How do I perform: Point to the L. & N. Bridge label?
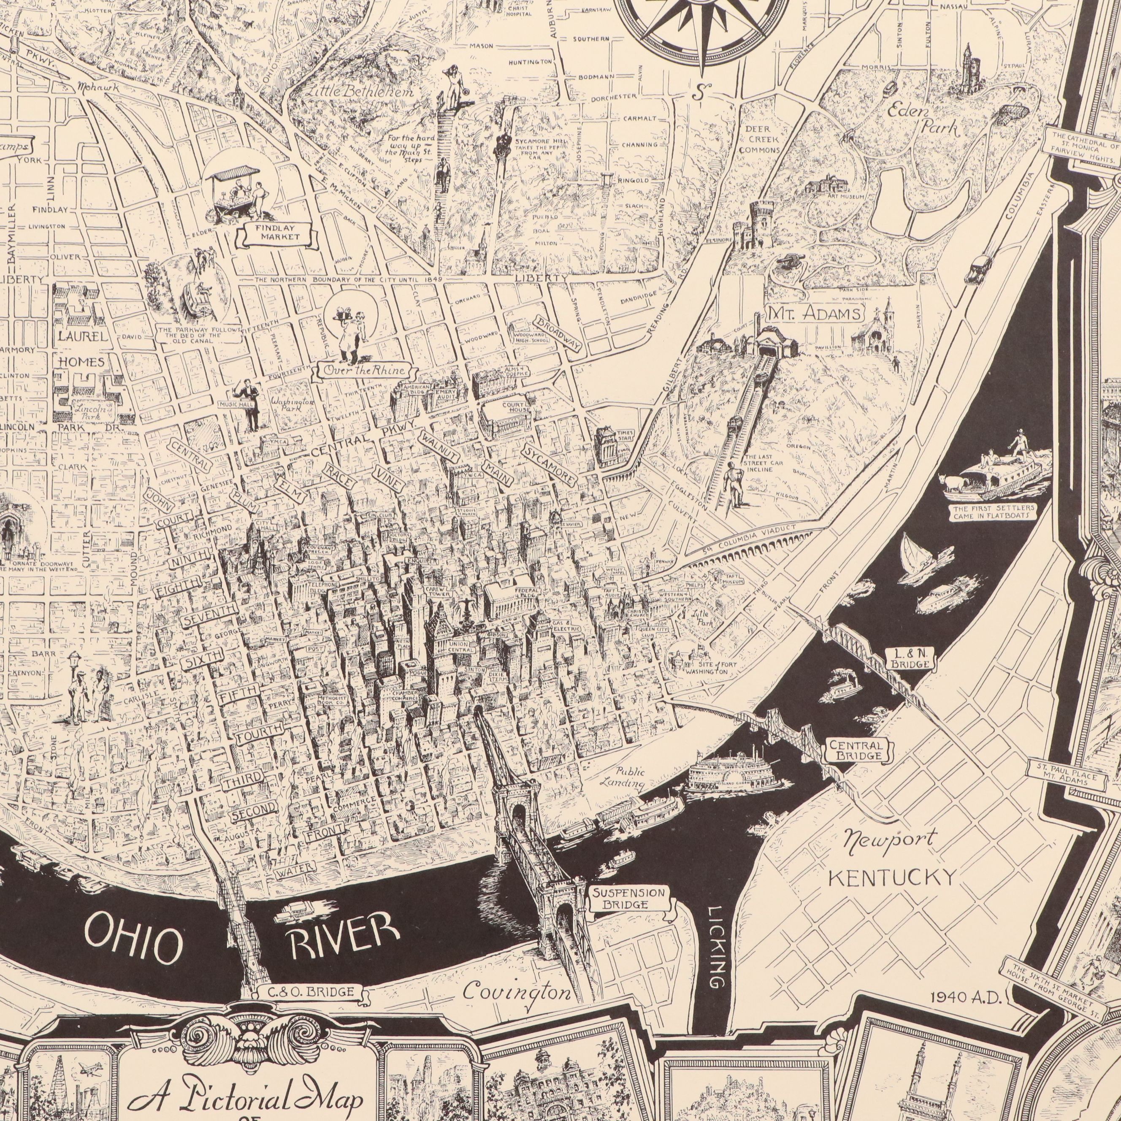pos(910,658)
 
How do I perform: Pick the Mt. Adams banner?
pos(815,314)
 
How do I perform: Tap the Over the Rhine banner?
pos(364,371)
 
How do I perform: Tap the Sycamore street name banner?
pos(550,466)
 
